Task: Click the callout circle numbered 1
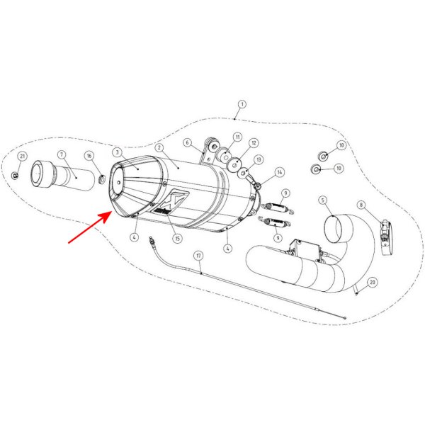241,104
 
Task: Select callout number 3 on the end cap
117,152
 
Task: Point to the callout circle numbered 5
322,200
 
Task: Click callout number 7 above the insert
62,154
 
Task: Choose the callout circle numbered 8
361,205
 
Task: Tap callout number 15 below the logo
177,238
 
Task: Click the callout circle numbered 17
199,255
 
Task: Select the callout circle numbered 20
373,282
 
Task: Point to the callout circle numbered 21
22,156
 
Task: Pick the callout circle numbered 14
279,172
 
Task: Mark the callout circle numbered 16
89,155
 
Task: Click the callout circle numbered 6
187,142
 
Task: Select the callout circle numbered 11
237,137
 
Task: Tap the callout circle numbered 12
254,143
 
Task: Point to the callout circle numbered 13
259,160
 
